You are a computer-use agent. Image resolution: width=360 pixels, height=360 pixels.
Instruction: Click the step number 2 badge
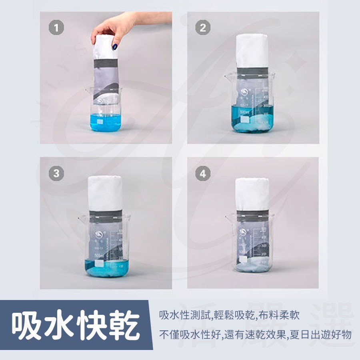[203, 28]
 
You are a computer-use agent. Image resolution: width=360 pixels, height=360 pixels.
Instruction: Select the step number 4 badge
[203, 174]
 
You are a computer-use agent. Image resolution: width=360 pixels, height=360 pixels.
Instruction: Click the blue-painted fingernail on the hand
[114, 46]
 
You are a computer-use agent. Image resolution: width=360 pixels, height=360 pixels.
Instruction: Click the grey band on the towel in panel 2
[253, 72]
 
